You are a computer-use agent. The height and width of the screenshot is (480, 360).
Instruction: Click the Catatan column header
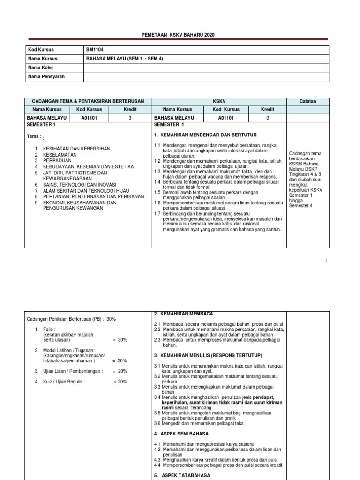point(307,101)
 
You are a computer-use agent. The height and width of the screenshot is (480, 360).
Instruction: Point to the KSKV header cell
point(218,101)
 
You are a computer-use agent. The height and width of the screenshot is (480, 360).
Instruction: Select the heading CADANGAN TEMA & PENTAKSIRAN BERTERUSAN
point(88,101)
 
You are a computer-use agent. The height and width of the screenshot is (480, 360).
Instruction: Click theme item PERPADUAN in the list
point(58,160)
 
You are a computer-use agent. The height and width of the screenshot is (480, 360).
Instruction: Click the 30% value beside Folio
point(122,340)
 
